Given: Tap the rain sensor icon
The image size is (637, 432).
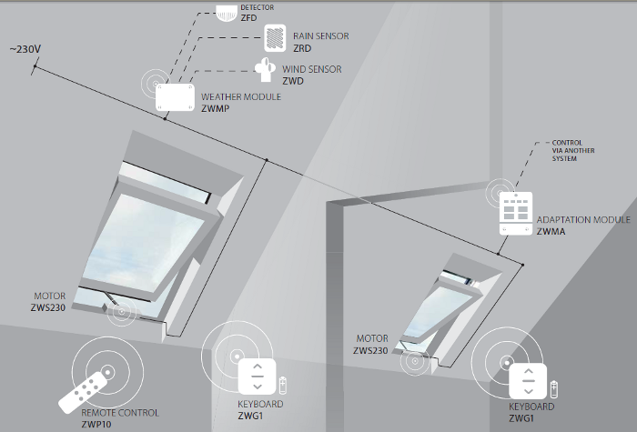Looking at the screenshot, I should pyautogui.click(x=275, y=38).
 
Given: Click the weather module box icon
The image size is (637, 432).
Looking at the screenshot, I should pyautogui.click(x=176, y=97).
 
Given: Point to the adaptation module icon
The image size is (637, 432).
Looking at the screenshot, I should pyautogui.click(x=516, y=215).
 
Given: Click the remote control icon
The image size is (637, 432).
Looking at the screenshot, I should pyautogui.click(x=90, y=385).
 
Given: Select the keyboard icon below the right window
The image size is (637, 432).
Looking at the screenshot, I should pyautogui.click(x=529, y=382).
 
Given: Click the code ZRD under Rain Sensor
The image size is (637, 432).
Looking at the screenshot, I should pyautogui.click(x=303, y=48).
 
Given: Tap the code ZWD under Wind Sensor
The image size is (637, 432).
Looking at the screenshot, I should pyautogui.click(x=293, y=81).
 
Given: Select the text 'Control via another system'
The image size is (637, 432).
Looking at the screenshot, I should pyautogui.click(x=572, y=151).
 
